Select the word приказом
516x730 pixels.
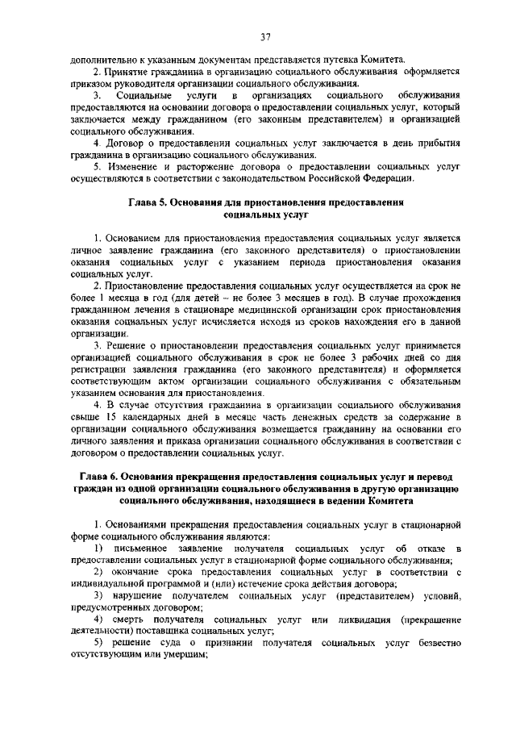pos(94,84)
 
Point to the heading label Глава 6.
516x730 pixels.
pos(96,477)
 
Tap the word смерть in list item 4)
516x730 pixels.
pos(143,619)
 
